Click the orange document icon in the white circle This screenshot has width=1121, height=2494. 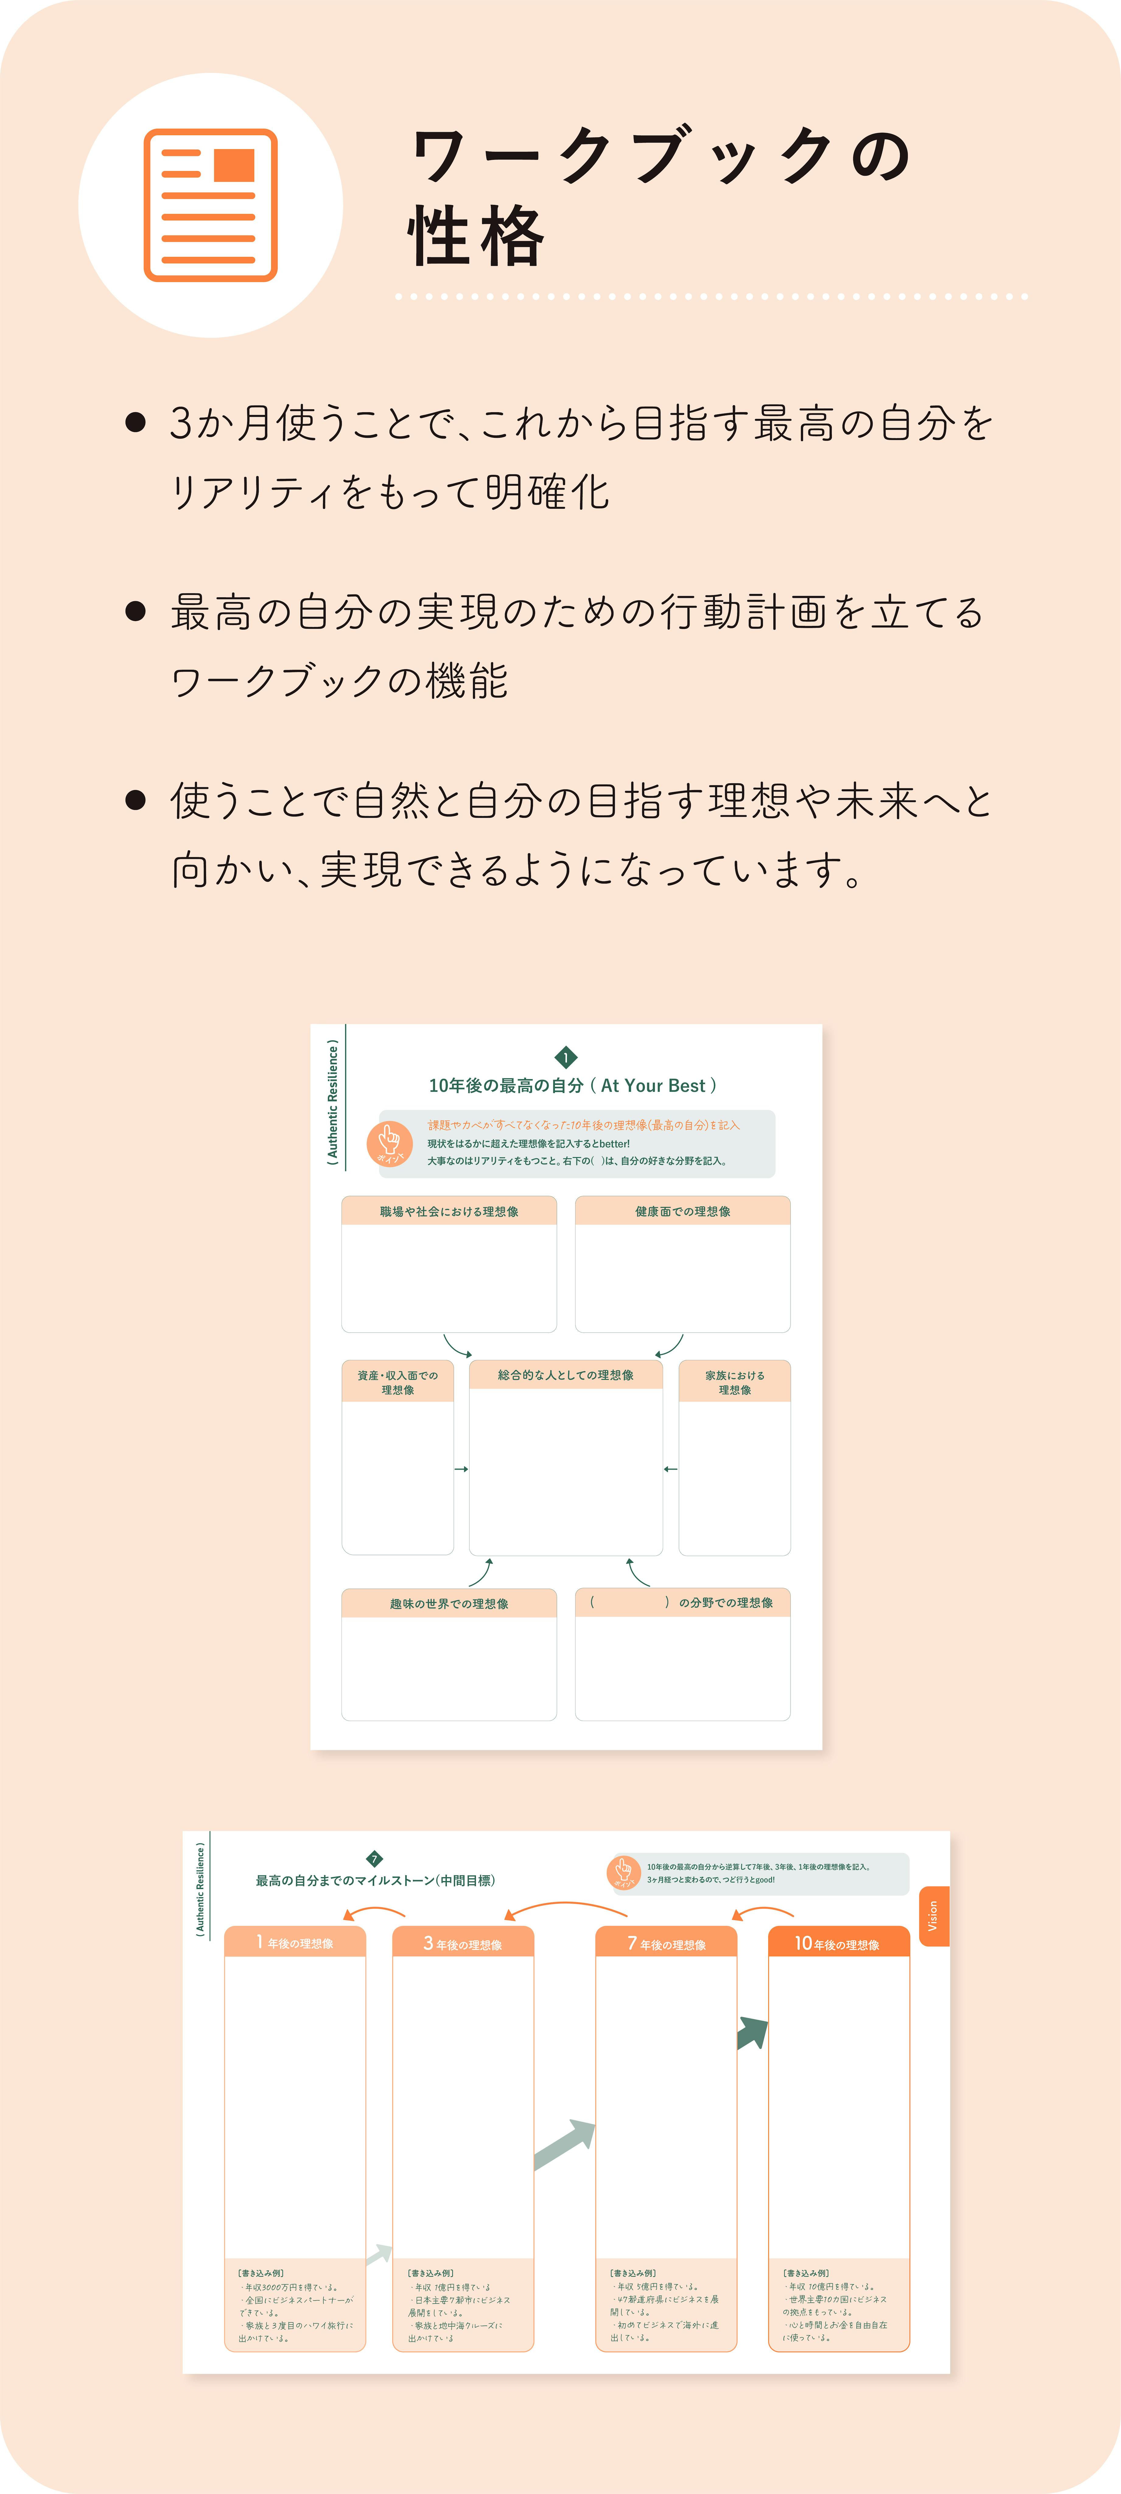tap(210, 205)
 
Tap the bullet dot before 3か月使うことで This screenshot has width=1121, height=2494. tap(135, 422)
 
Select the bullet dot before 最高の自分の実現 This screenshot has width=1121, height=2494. tap(135, 611)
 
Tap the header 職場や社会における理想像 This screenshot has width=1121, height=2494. tap(449, 1211)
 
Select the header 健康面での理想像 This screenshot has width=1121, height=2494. tap(682, 1211)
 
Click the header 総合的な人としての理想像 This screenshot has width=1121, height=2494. tap(565, 1375)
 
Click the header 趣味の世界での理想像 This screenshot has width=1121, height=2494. tap(449, 1603)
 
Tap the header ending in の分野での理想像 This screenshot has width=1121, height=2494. tap(682, 1602)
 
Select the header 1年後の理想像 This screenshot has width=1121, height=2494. tap(295, 1942)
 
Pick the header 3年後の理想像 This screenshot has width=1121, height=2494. tap(463, 1943)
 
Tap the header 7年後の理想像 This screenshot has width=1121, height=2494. tap(666, 1943)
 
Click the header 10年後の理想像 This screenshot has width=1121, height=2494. tap(838, 1943)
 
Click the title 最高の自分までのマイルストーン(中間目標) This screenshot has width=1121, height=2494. tap(376, 1880)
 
